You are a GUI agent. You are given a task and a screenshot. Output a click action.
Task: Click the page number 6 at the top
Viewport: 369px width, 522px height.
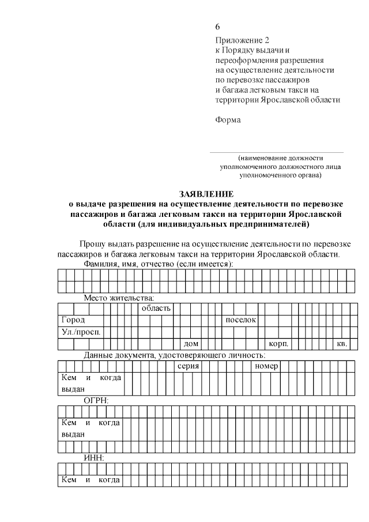[217, 27]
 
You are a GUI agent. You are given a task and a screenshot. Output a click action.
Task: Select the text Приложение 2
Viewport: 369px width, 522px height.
[242, 40]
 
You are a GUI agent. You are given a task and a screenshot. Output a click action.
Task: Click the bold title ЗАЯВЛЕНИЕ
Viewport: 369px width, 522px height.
[206, 194]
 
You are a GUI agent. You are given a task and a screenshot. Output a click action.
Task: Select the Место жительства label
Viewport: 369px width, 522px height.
[119, 298]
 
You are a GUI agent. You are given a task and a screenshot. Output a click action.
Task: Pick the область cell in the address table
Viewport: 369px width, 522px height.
[156, 309]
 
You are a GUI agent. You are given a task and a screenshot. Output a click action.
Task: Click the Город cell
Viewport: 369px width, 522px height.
[73, 320]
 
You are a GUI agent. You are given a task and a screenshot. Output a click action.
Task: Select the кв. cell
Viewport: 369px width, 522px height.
[341, 344]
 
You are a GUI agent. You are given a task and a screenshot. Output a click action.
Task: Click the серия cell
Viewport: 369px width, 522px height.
[188, 366]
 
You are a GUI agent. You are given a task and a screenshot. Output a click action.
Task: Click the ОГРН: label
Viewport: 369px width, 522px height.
[96, 400]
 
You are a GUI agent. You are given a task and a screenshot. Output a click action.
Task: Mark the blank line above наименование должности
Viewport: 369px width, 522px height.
[276, 152]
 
